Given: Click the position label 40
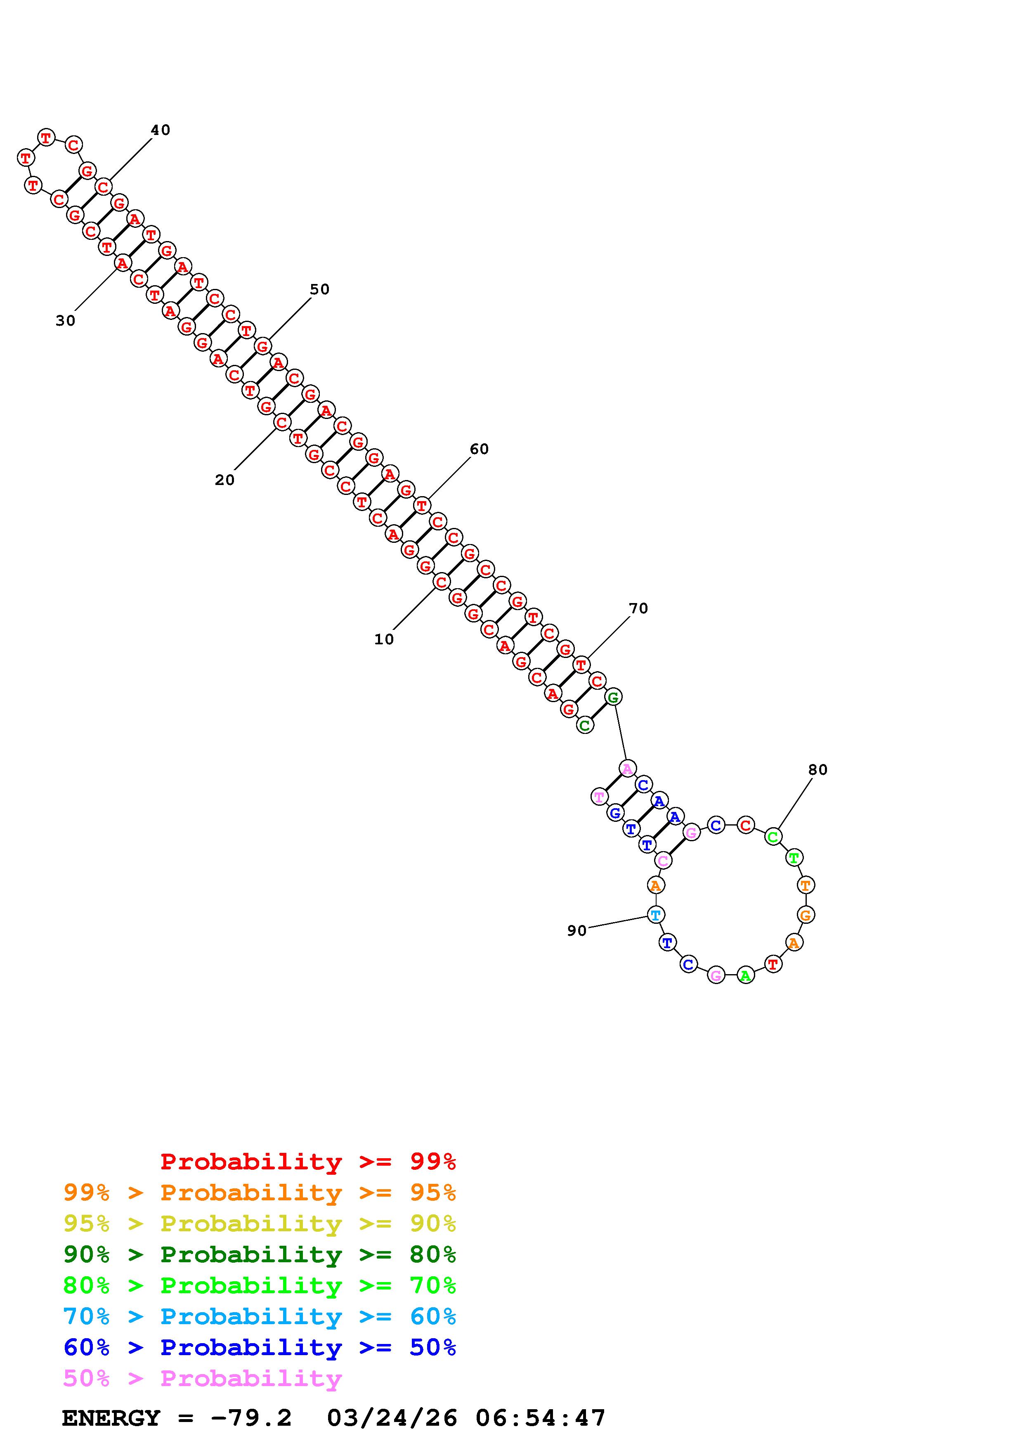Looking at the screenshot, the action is pyautogui.click(x=160, y=130).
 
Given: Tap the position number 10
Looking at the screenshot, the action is pyautogui.click(x=384, y=639).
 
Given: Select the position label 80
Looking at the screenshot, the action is pyautogui.click(x=817, y=769).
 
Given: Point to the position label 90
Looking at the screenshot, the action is pyautogui.click(x=577, y=931).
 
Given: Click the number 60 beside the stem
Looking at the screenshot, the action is pyautogui.click(x=479, y=449).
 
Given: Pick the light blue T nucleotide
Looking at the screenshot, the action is pyautogui.click(x=656, y=914).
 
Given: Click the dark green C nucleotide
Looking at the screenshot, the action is pyautogui.click(x=585, y=725).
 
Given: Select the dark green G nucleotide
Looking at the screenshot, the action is pyautogui.click(x=613, y=697).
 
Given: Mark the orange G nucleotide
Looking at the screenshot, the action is pyautogui.click(x=806, y=914).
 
